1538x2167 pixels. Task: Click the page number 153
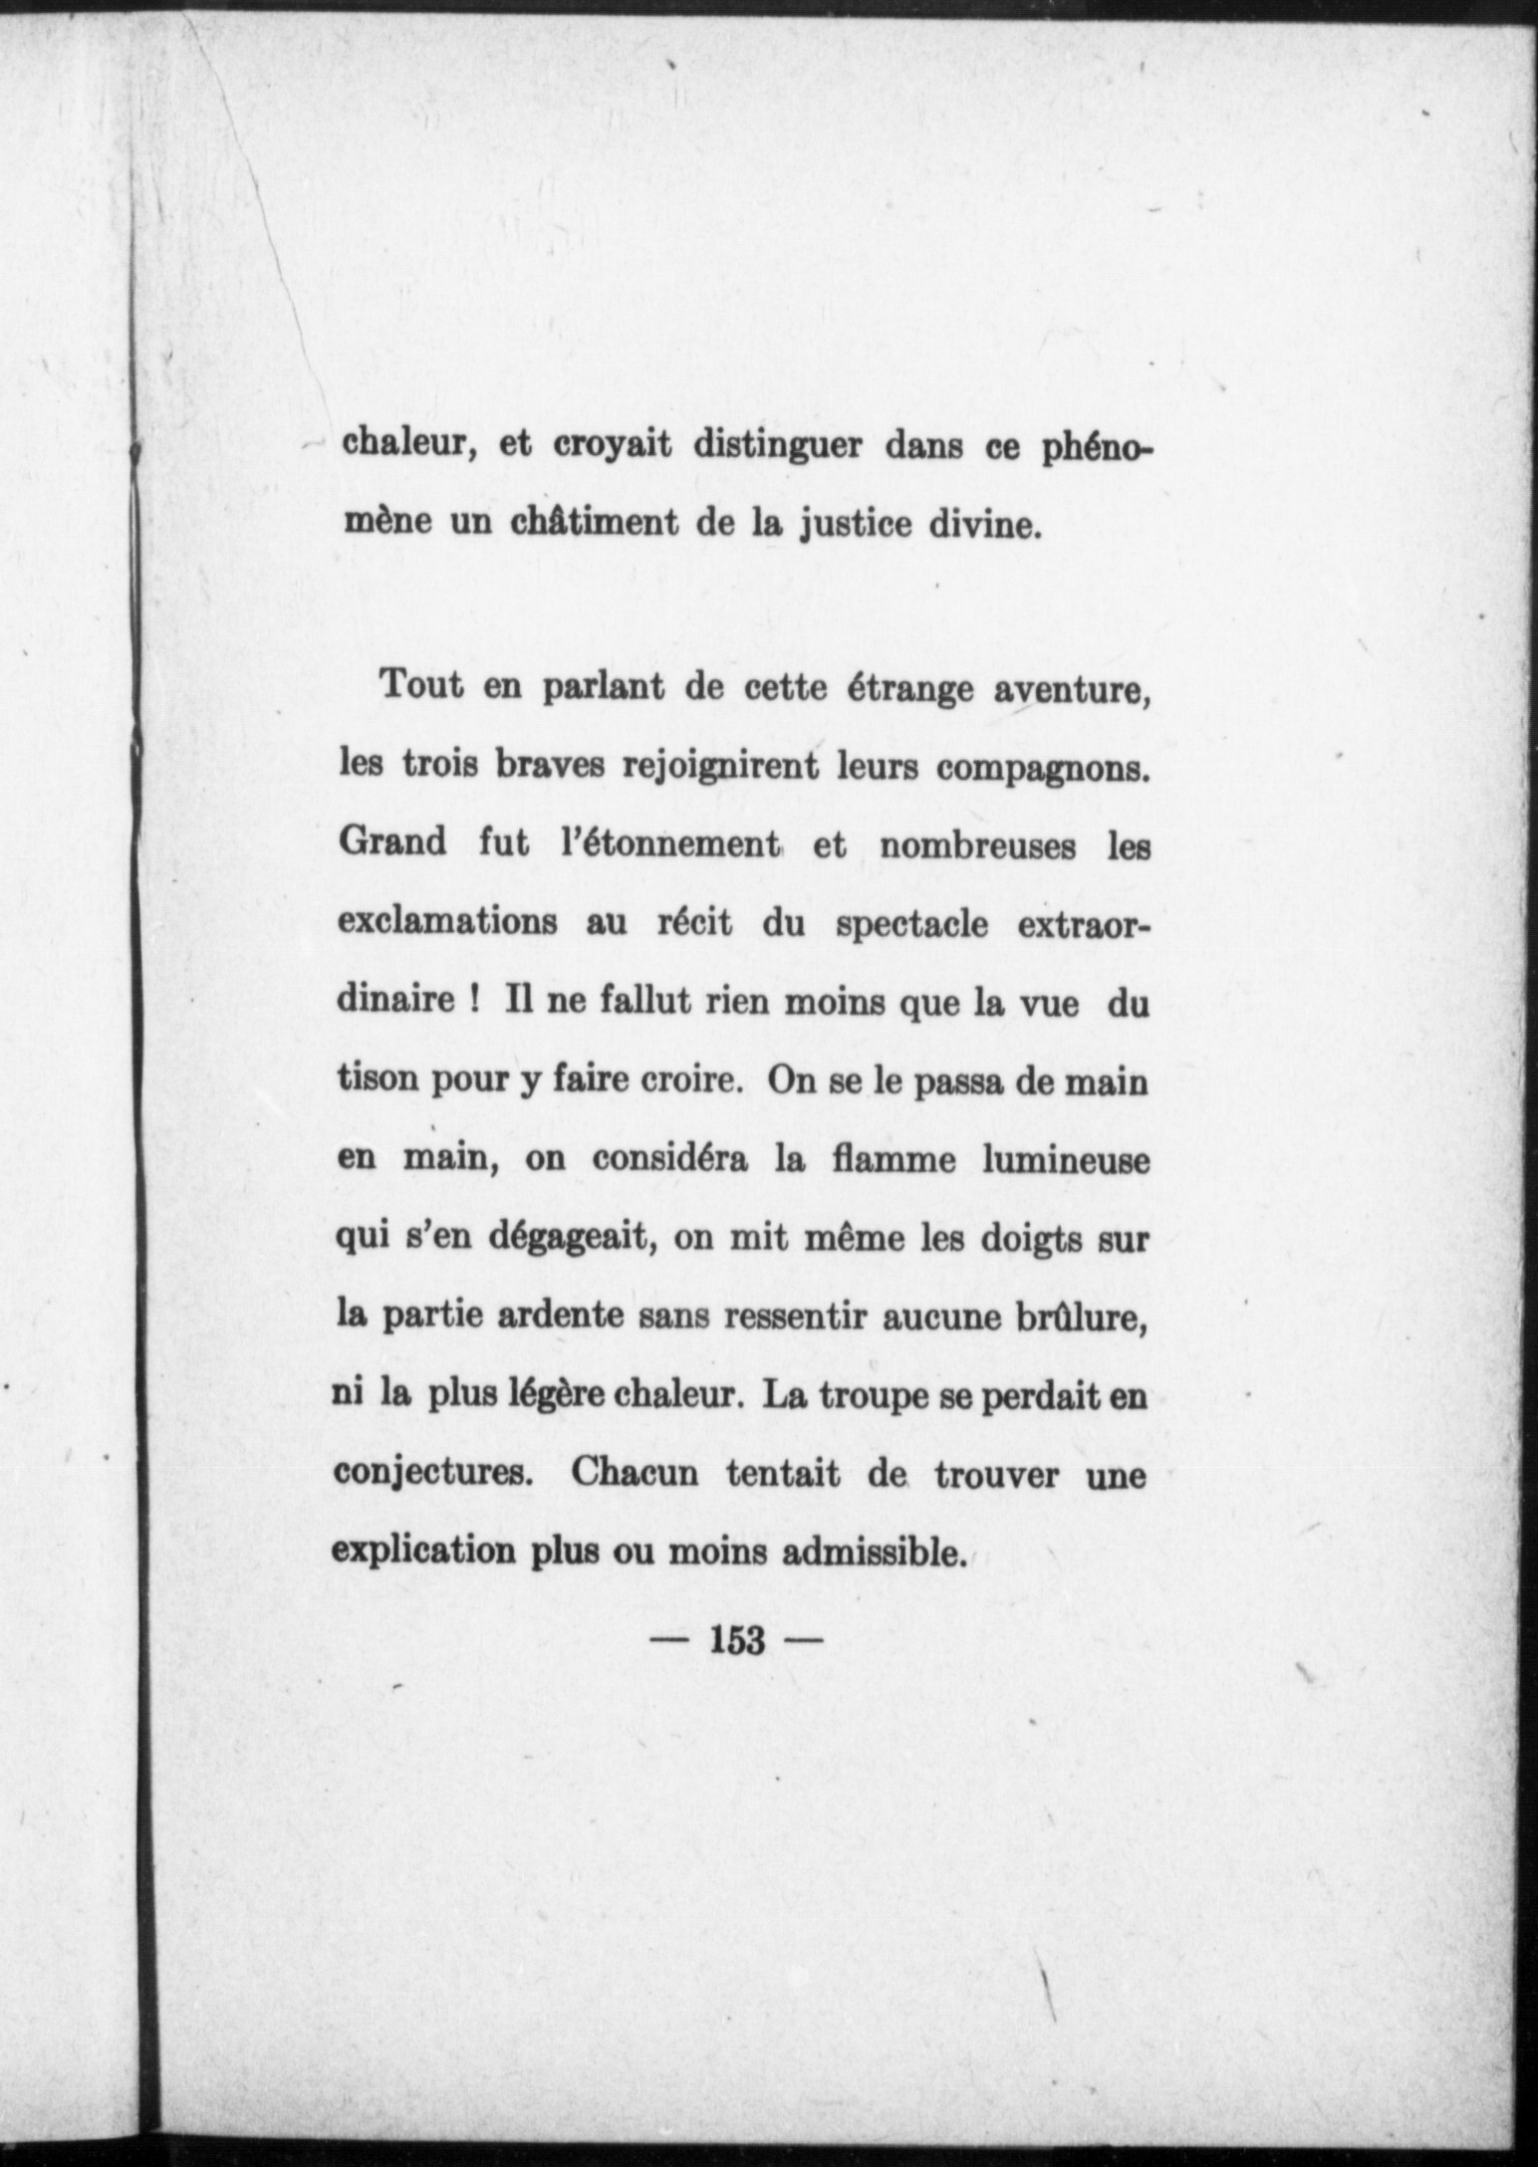pos(738,1638)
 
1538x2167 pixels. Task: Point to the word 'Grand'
pos(392,843)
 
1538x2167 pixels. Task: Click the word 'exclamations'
pos(447,921)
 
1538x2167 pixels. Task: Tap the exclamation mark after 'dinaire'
pos(468,1000)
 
